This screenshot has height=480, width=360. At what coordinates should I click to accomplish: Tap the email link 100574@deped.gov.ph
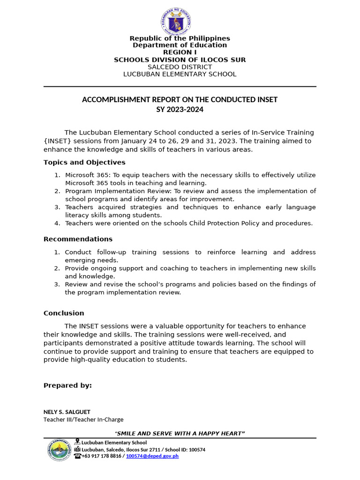coord(152,456)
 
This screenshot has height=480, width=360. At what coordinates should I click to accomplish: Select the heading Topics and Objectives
coord(84,162)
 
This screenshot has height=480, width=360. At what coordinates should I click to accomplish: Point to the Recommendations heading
coord(78,239)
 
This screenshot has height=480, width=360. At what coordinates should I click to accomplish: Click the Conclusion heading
coord(64,313)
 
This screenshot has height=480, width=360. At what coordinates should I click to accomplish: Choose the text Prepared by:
coord(67,385)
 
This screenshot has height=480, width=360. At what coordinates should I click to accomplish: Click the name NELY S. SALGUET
coord(67,412)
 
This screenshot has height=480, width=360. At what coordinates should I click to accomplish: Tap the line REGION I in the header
coord(180,52)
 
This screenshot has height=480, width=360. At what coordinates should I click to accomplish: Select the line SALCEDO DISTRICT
coord(180,67)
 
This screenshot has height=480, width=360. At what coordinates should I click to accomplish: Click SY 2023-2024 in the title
coord(180,110)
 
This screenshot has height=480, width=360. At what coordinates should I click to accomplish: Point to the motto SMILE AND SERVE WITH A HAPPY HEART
coord(180,433)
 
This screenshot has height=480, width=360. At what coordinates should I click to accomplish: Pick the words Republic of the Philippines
coord(180,38)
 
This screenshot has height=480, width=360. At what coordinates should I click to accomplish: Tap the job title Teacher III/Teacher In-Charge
coord(83,420)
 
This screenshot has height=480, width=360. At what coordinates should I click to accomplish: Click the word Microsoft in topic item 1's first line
coord(80,175)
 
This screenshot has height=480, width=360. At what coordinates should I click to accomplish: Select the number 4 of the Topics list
coord(57,223)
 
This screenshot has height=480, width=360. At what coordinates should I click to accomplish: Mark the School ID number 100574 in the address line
coord(195,450)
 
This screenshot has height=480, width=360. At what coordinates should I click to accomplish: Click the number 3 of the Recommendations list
coord(57,284)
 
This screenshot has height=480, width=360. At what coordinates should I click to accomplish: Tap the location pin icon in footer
coord(77,442)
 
